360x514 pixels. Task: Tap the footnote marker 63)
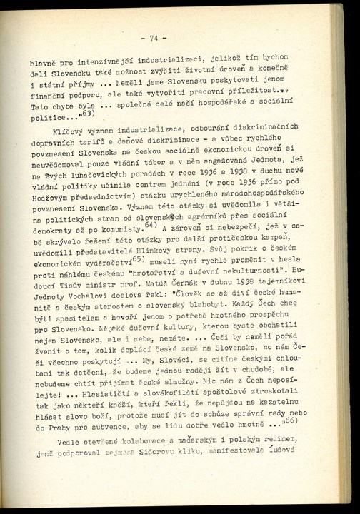pyautogui.click(x=89, y=115)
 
